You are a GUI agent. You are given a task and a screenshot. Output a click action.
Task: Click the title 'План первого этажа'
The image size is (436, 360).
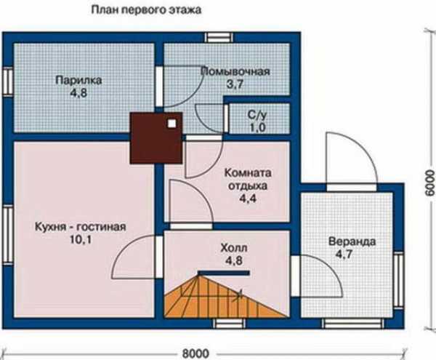click(146, 10)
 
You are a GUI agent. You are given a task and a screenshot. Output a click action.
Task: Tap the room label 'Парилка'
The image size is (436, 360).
click(78, 81)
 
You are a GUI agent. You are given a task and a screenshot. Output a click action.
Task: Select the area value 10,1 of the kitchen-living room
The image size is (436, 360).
click(81, 240)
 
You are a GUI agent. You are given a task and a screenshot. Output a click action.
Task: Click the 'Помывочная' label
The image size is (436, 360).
click(235, 71)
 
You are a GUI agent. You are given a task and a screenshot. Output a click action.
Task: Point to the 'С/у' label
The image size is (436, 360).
click(257, 115)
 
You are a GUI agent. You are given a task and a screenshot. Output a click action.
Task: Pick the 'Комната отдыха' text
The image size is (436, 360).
click(248, 179)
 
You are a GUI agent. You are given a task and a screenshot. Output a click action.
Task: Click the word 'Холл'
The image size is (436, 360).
click(234, 247)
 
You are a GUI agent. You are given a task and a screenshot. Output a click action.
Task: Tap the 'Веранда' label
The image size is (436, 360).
click(352, 241)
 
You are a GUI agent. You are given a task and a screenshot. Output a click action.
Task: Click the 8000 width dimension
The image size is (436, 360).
click(195, 353)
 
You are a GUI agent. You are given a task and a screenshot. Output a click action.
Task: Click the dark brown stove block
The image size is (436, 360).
click(156, 137)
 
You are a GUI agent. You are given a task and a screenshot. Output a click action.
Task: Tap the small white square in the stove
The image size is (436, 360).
click(171, 124)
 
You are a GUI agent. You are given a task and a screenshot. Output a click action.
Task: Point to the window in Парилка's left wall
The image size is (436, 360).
click(8, 81)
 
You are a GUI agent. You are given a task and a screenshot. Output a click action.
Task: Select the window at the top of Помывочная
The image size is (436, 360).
click(219, 37)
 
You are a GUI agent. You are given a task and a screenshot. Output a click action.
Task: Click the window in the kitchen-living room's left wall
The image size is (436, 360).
click(8, 234)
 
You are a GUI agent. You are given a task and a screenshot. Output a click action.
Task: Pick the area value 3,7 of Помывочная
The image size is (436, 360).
click(235, 84)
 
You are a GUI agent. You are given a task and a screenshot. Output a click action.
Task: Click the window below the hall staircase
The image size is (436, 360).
click(230, 324)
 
